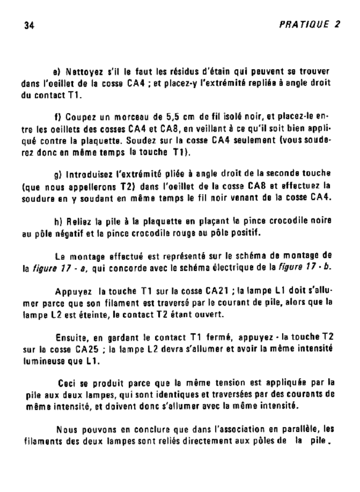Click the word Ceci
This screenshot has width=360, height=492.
tap(67, 383)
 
